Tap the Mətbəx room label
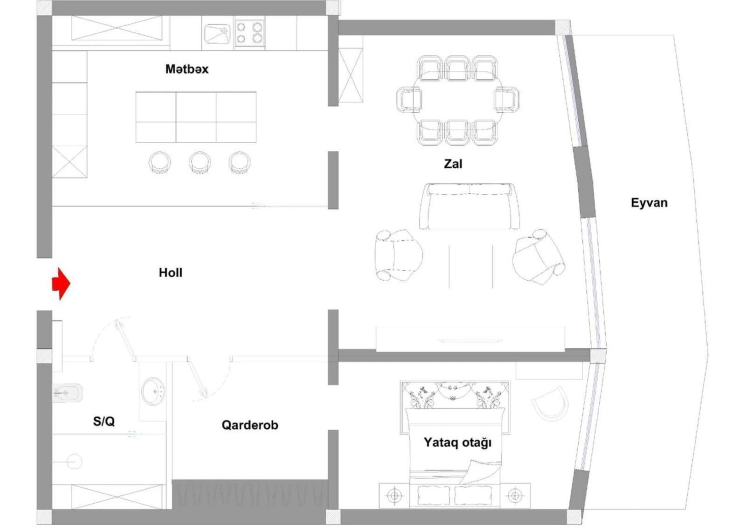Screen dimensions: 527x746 point(187,69)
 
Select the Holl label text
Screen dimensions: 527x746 point(170,273)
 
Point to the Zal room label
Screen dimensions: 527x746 point(453,164)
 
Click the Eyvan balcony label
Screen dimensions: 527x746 point(649,203)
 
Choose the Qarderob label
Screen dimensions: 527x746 point(250,425)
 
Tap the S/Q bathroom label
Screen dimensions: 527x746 point(104,421)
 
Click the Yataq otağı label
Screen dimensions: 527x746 point(458,442)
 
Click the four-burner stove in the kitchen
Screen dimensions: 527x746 point(250,33)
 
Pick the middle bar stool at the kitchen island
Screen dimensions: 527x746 point(200,162)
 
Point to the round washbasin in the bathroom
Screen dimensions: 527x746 point(153,392)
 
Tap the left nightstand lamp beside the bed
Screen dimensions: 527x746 point(394,495)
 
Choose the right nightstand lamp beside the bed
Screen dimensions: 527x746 point(515,495)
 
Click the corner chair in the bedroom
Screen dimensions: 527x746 point(550,404)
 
